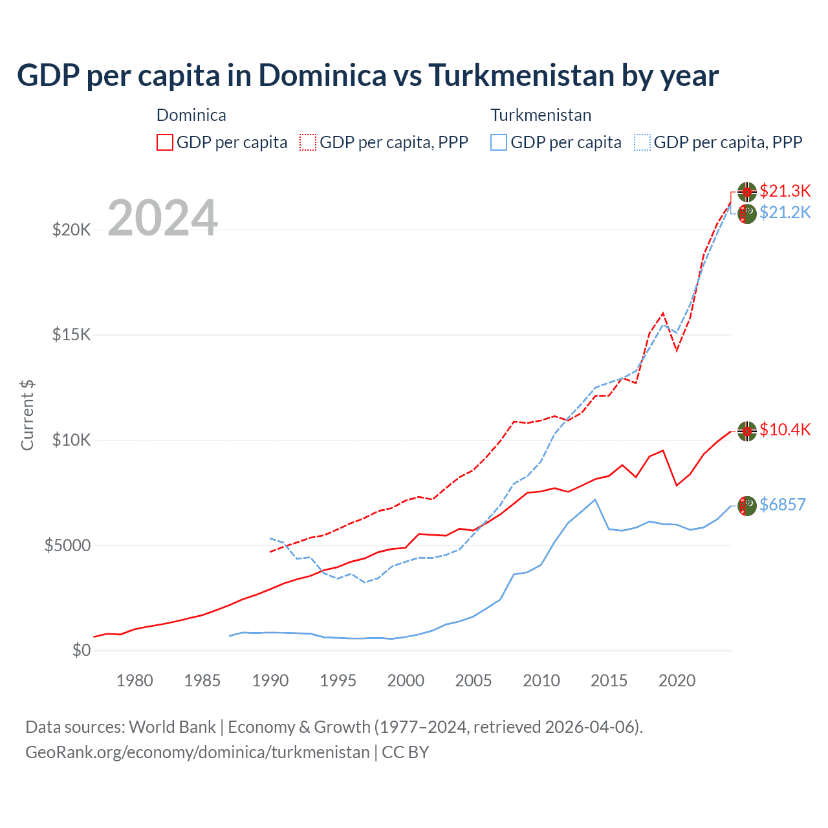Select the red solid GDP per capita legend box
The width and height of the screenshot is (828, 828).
point(165,142)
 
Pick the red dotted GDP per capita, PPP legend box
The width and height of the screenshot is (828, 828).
point(308,142)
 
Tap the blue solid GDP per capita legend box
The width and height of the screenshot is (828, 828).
point(499,142)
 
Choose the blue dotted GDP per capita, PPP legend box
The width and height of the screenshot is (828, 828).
point(642,142)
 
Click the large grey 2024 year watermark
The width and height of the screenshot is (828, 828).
point(162,218)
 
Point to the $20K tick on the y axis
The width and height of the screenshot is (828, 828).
point(71,230)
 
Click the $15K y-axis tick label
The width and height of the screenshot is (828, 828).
point(71,335)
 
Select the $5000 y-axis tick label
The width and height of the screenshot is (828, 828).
point(67,545)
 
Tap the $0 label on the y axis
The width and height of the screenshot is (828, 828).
point(81,650)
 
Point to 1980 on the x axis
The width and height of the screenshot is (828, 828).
point(135,681)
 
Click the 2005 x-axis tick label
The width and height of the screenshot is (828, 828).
point(474,681)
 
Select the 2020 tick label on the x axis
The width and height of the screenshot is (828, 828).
point(677,681)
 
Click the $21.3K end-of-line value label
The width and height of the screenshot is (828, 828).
point(785,191)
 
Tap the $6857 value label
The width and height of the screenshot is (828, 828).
point(783,505)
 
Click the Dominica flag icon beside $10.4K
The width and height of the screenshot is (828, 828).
point(747,431)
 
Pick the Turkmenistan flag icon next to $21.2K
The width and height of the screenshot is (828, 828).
point(747,213)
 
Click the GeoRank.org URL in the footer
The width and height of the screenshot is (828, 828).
point(197,752)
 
